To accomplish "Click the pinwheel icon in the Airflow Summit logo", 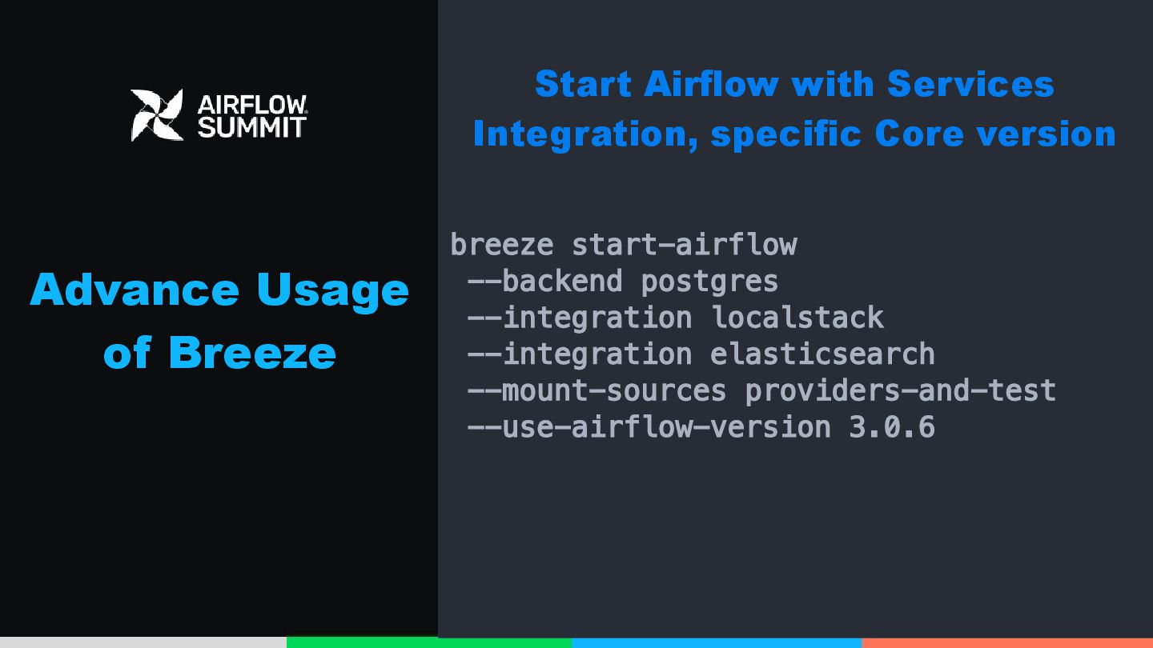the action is [x=157, y=115].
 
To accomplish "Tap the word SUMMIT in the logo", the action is [x=252, y=127].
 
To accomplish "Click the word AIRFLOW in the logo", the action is [x=252, y=104].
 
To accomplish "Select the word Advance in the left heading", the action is [x=135, y=290].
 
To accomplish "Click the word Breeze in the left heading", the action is [x=252, y=353].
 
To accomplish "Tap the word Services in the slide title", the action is [x=970, y=84].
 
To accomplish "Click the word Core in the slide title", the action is [x=919, y=134].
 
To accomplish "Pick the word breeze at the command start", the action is [x=502, y=244].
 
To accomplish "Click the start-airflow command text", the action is [x=685, y=244].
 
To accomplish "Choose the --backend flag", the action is [x=545, y=282].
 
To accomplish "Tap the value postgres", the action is [x=709, y=282].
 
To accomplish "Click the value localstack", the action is [x=797, y=318].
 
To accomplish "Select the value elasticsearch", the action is [x=822, y=354].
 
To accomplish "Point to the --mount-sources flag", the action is [x=597, y=391].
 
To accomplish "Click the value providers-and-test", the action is [x=901, y=391].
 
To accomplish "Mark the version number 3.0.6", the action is [x=892, y=427].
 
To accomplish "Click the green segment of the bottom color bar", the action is [x=429, y=642].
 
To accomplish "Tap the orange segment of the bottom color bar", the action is [x=1007, y=643].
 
